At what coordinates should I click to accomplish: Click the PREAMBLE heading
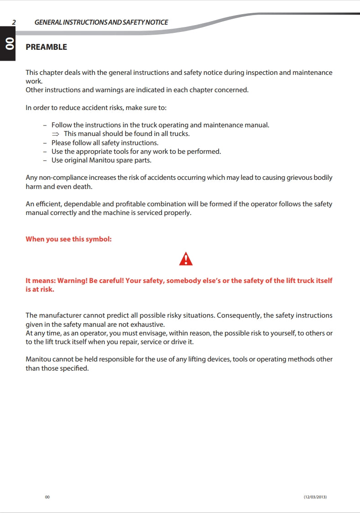click(x=46, y=47)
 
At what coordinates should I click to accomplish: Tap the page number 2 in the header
click(x=14, y=22)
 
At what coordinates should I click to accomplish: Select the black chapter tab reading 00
click(x=8, y=44)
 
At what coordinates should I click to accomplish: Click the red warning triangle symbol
click(x=186, y=259)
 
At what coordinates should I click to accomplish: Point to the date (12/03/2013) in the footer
click(x=315, y=497)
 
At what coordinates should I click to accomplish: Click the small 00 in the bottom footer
click(x=47, y=497)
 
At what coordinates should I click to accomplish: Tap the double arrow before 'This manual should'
click(x=56, y=134)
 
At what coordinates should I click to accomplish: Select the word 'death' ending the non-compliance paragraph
click(x=82, y=187)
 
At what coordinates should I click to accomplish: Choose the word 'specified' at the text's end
click(x=73, y=368)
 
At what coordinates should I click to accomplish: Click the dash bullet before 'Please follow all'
click(x=45, y=143)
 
